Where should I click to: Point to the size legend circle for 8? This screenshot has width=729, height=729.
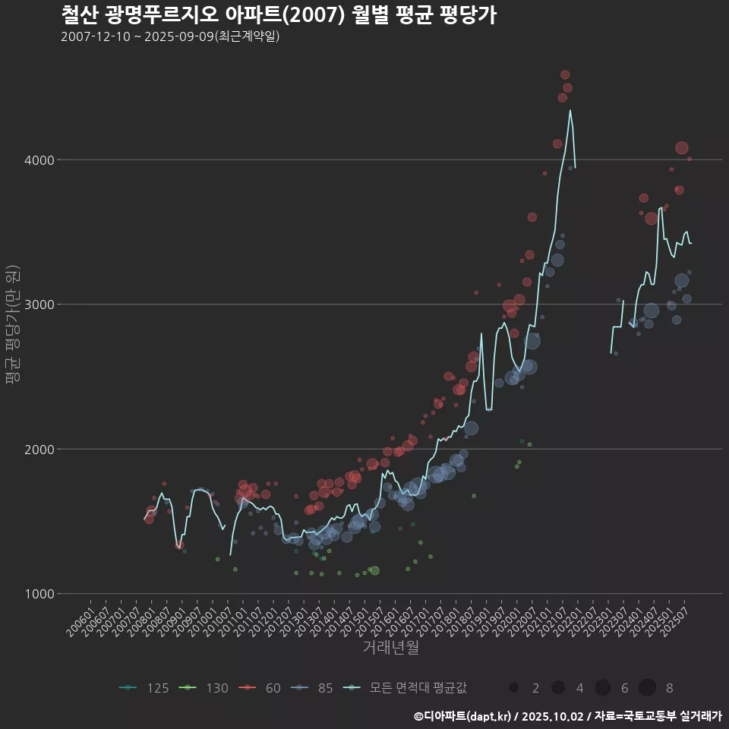coord(647,688)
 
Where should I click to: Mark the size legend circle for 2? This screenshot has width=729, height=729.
coord(514,688)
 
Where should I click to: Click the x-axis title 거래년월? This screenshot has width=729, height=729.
coord(390,647)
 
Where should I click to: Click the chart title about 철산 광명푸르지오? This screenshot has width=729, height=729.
coord(278,15)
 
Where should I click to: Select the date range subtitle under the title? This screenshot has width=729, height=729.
coord(170,36)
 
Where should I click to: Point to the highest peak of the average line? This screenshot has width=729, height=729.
coord(570,110)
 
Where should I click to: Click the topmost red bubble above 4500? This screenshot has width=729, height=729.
coord(565,74)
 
